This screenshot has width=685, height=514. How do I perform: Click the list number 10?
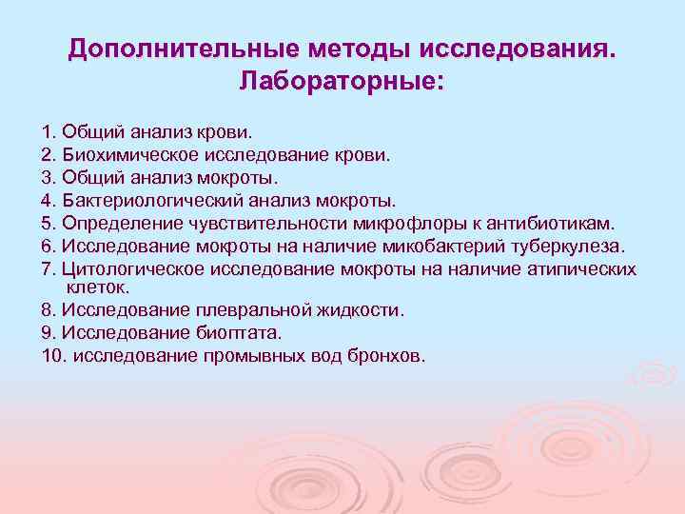point(52,357)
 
